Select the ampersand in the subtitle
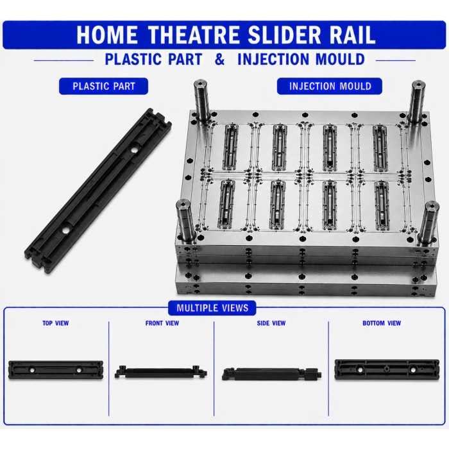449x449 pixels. pos(219,59)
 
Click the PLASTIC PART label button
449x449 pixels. pos(103,86)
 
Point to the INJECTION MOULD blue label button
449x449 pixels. pos(329,86)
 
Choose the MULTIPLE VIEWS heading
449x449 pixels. pos(212,308)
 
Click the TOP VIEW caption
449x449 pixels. pos(56,323)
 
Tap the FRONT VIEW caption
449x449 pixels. pos(162,323)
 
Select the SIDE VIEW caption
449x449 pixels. pos(271,323)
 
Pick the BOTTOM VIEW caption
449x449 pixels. pos(382,323)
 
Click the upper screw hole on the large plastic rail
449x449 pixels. pos(133,149)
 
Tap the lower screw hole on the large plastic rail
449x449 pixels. pos(65,230)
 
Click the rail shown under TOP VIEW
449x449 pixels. pos(56,370)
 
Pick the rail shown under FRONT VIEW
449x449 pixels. pos(161,372)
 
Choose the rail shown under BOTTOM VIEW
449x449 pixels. pos(387,369)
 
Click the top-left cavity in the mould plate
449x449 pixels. pos(230,147)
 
